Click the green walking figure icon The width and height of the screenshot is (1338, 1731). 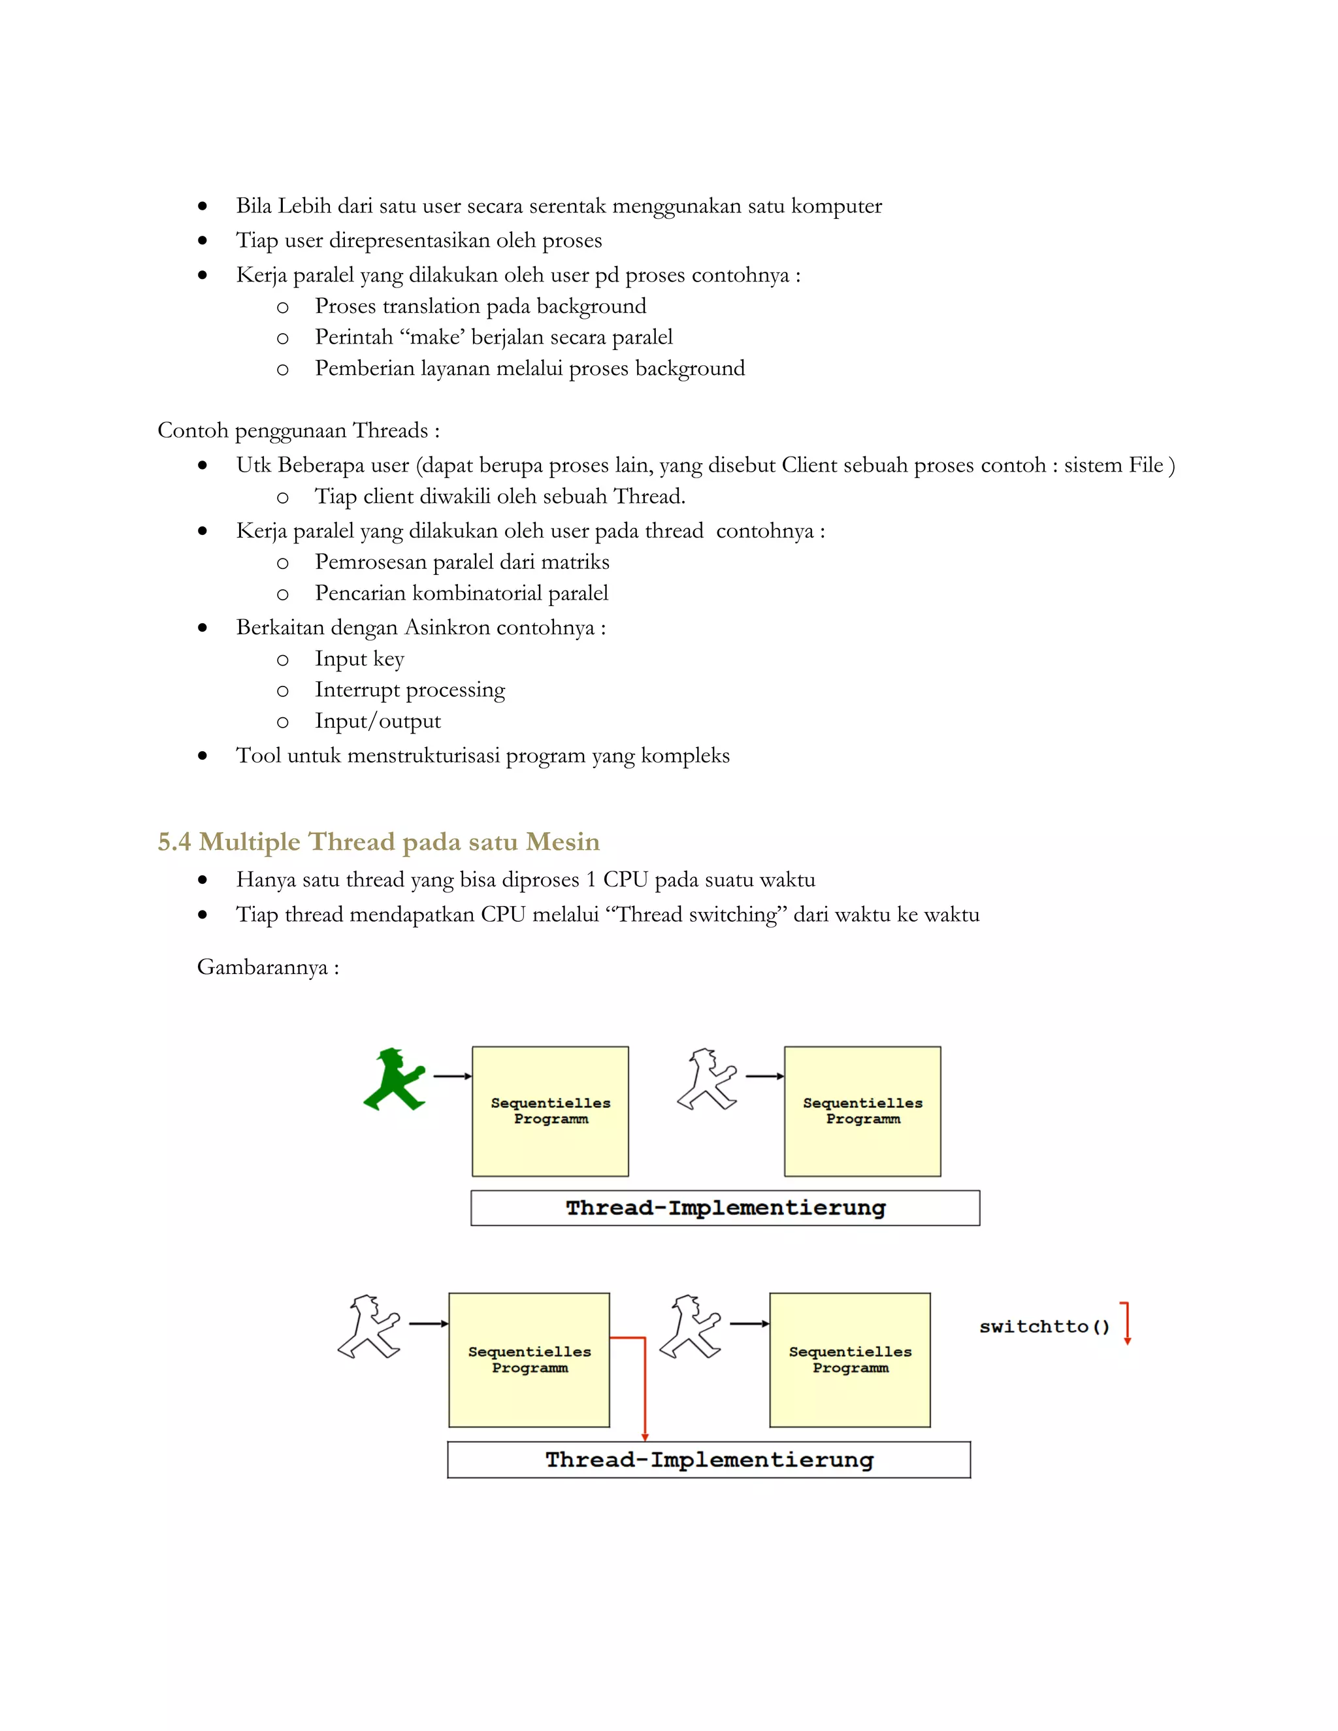point(394,1080)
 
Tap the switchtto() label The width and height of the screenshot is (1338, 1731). point(1044,1327)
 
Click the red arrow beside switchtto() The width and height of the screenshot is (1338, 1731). point(1126,1323)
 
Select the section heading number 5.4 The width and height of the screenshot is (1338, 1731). point(174,842)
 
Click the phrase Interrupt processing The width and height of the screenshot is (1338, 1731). point(409,690)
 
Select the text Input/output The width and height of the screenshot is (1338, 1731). point(378,720)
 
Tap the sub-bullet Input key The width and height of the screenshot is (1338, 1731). point(359,658)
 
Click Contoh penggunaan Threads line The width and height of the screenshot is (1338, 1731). point(298,430)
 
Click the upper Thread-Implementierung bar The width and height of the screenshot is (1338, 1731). point(725,1208)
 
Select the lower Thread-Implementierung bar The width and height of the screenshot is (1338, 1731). point(709,1460)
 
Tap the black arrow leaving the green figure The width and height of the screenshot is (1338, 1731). point(452,1076)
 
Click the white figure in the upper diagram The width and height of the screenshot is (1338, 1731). point(706,1080)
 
